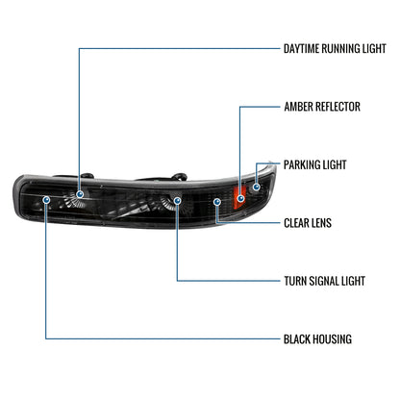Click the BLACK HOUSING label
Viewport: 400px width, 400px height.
(318, 338)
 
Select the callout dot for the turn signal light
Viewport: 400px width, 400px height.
(177, 203)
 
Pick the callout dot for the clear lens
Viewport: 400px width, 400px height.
(218, 202)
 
